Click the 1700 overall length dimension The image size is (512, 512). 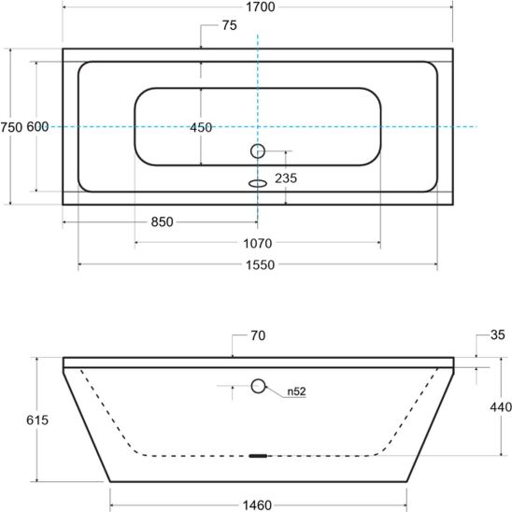[261, 7]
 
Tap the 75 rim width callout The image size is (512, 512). [230, 25]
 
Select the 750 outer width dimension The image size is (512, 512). [11, 127]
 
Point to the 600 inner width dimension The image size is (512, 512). [37, 127]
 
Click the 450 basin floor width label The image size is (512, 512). [201, 127]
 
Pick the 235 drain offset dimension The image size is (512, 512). [286, 178]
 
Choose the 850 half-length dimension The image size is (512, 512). [162, 222]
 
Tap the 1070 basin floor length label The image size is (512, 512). [258, 243]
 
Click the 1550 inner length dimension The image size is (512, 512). [261, 264]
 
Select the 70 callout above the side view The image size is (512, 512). [258, 335]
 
